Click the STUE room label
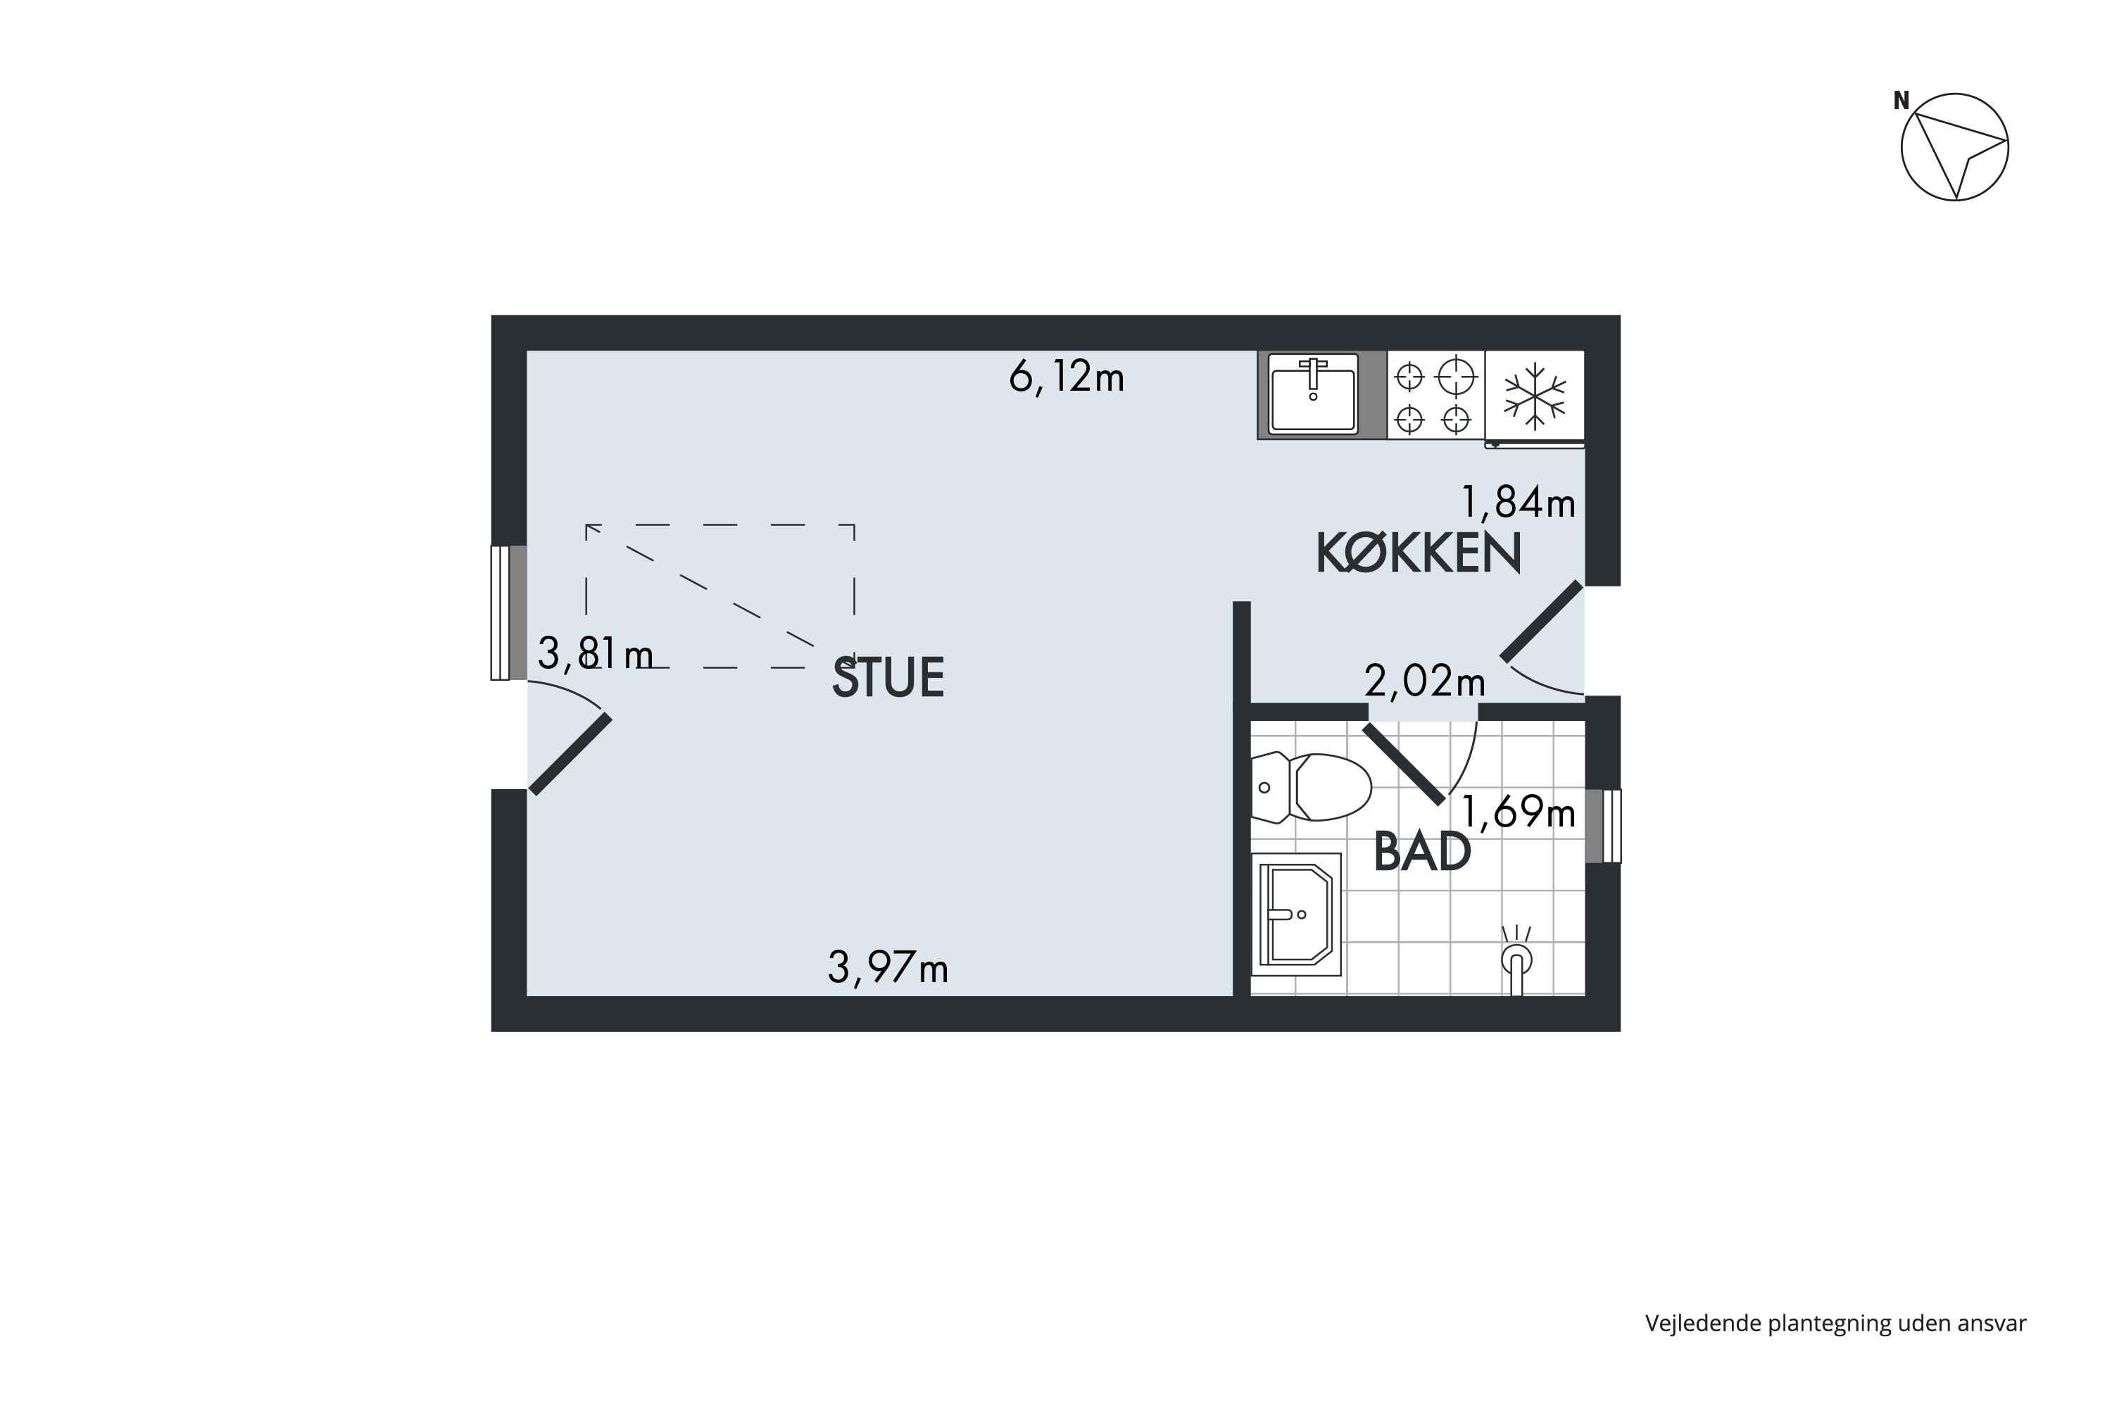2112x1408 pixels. click(x=888, y=677)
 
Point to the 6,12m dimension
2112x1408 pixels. click(x=1067, y=377)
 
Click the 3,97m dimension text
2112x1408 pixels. click(x=888, y=968)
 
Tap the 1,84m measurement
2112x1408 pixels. click(x=1519, y=502)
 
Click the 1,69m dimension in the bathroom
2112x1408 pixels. click(x=1519, y=812)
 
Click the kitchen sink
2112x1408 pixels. click(x=1313, y=394)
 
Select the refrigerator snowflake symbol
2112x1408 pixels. click(x=1535, y=395)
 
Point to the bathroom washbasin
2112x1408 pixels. click(x=1296, y=914)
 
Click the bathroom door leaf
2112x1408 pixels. click(x=1404, y=763)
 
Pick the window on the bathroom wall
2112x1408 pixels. click(x=1603, y=826)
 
